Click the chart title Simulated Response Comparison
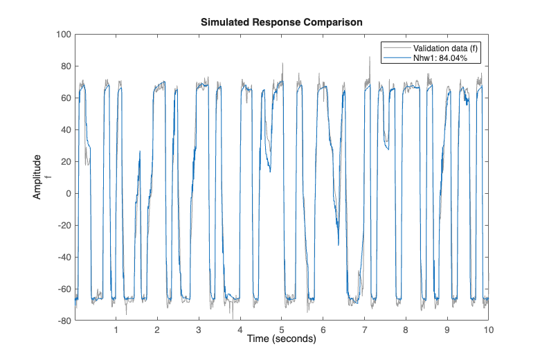pos(281,22)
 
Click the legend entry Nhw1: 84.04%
pos(440,58)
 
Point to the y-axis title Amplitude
pos(37,177)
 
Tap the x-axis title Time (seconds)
pos(281,339)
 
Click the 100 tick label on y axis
pos(64,35)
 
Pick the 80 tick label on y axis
pos(66,66)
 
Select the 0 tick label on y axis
pos(69,193)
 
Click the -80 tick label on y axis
pos(64,321)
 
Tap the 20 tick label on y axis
pos(66,161)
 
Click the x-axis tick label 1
pos(116,330)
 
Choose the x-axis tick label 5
pos(282,330)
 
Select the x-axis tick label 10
pos(488,330)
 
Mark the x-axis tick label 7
pos(364,330)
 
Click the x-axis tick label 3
pos(199,330)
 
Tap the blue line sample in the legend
pos(397,58)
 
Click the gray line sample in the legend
pos(397,48)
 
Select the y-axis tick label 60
pos(66,98)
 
